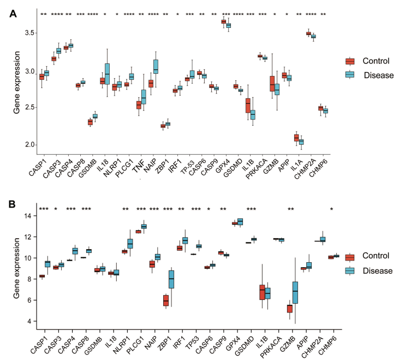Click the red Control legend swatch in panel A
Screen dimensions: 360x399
(349, 62)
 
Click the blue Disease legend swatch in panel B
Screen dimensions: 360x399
(349, 270)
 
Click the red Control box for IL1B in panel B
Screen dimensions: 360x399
(262, 292)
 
